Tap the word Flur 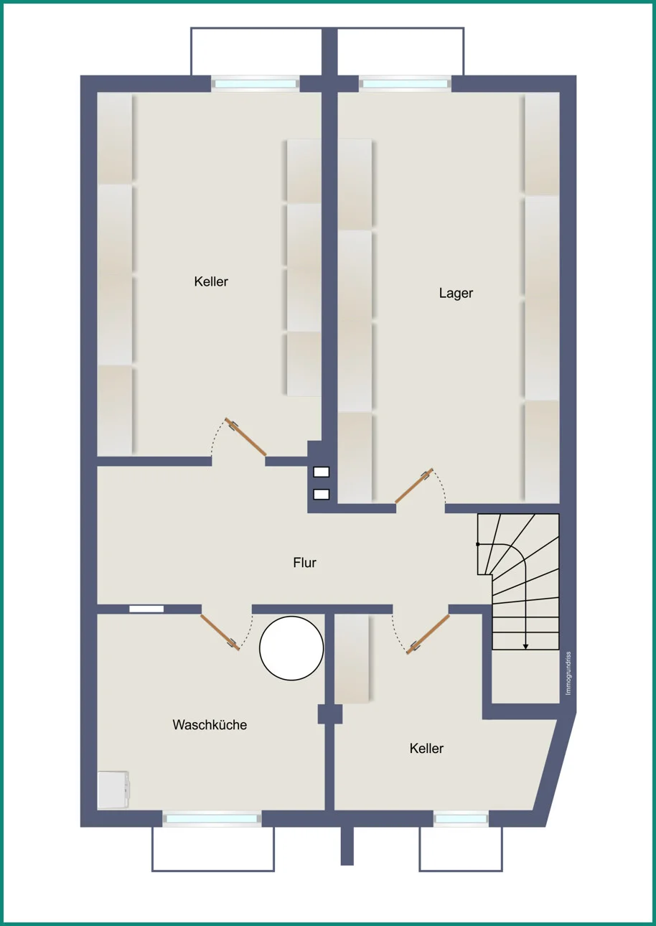[x=304, y=563]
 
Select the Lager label [x=456, y=294]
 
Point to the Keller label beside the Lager [x=211, y=281]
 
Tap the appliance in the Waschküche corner [x=113, y=790]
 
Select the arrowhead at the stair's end [x=525, y=647]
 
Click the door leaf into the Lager [x=414, y=486]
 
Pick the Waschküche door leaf [x=220, y=632]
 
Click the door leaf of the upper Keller [x=245, y=436]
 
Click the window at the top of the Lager [x=405, y=84]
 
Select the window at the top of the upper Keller [x=256, y=84]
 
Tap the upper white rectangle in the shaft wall [x=321, y=472]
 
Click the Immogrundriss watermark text [x=568, y=673]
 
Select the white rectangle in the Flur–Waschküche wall [x=146, y=609]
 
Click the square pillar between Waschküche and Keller [x=330, y=714]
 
